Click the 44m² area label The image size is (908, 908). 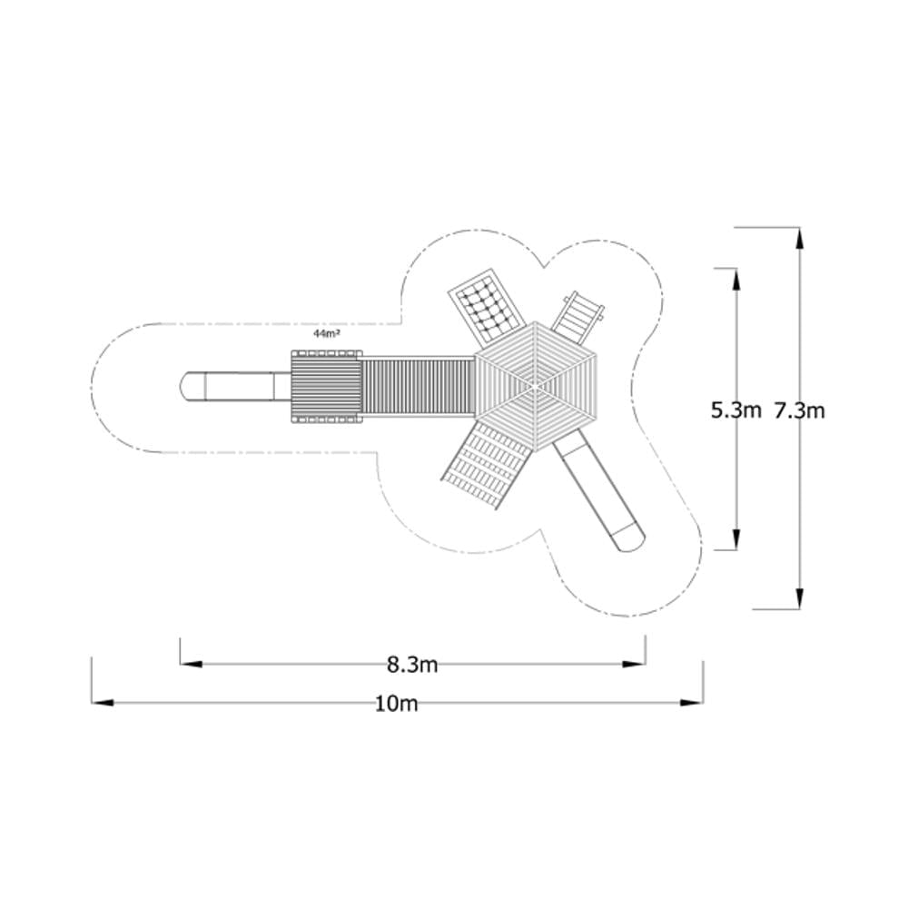[327, 333]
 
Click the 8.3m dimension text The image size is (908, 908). [412, 665]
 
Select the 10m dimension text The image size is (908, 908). [397, 704]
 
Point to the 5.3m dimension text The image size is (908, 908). [736, 410]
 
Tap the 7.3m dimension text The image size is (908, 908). [800, 410]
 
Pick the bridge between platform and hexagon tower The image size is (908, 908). [417, 386]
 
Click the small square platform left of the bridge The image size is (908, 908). [326, 386]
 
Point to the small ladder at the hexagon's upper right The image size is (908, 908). [577, 312]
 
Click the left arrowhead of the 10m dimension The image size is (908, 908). [102, 703]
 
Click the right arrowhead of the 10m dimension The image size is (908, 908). [693, 703]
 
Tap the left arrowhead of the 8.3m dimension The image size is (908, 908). [191, 665]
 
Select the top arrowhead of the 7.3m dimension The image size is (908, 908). [800, 239]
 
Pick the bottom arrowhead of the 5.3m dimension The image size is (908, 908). [736, 538]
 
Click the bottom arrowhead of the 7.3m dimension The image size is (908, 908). [800, 598]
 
